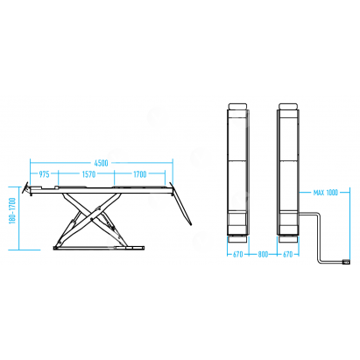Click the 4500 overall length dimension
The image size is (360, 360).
(x=101, y=163)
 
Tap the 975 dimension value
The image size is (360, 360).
(x=44, y=174)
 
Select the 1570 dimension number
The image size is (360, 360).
(x=88, y=174)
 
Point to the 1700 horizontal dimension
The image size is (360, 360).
(x=140, y=174)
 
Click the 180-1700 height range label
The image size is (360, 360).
(x=12, y=211)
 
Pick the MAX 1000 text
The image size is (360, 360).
(x=326, y=193)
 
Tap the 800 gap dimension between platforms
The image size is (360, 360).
(x=263, y=255)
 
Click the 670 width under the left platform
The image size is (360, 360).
(x=238, y=255)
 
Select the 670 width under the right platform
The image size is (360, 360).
(x=287, y=255)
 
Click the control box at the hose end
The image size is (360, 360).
(x=346, y=262)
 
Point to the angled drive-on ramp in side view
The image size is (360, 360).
(x=181, y=204)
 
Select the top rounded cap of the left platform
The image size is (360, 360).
(x=238, y=106)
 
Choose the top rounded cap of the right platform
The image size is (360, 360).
(x=288, y=106)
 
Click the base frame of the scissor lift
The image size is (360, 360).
(x=99, y=248)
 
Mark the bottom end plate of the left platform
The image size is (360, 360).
(x=238, y=239)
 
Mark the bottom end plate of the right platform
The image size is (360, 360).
(x=288, y=239)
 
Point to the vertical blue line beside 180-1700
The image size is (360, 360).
(x=19, y=218)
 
